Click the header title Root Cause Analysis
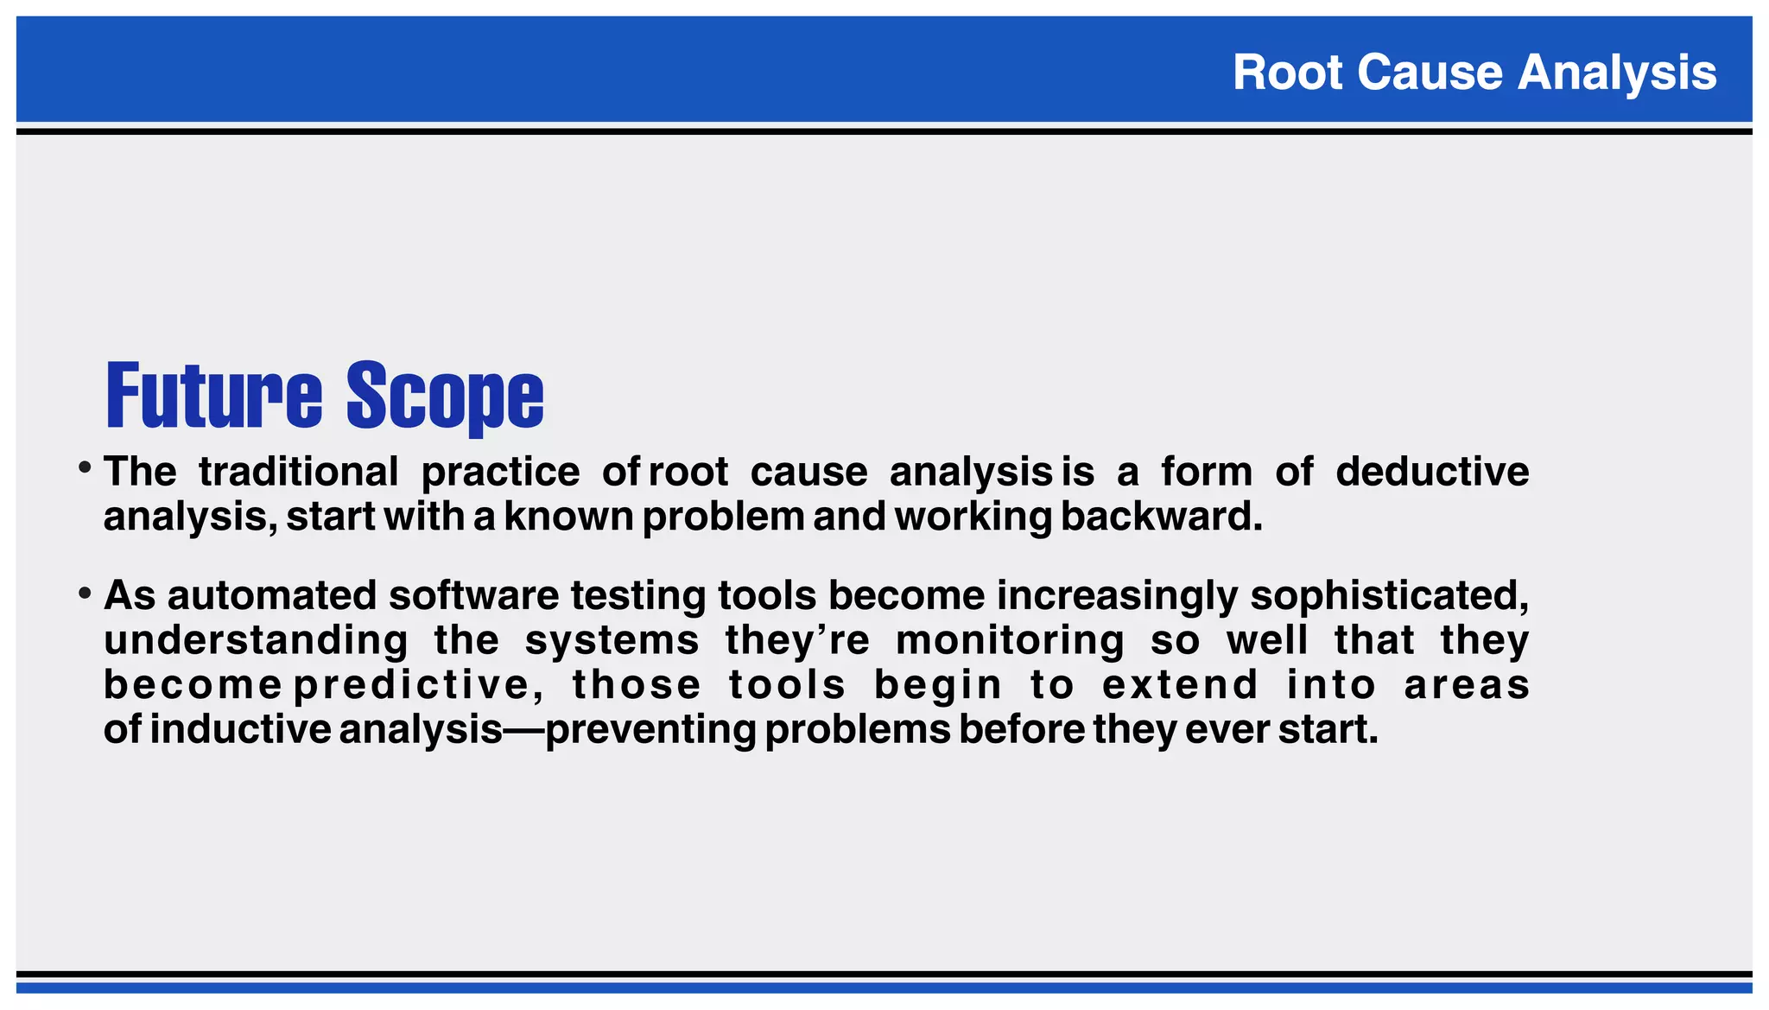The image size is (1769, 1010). point(1474,72)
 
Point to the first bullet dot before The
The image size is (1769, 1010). point(85,468)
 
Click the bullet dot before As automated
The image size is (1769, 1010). point(85,594)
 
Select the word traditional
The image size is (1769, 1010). point(299,472)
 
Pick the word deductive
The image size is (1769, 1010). point(1432,472)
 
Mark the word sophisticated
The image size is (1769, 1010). point(1389,596)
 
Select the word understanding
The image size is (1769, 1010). point(256,641)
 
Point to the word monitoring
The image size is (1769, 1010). point(1010,641)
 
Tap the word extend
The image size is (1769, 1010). point(1180,686)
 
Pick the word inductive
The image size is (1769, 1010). point(240,730)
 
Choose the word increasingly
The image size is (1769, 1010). point(1117,596)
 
